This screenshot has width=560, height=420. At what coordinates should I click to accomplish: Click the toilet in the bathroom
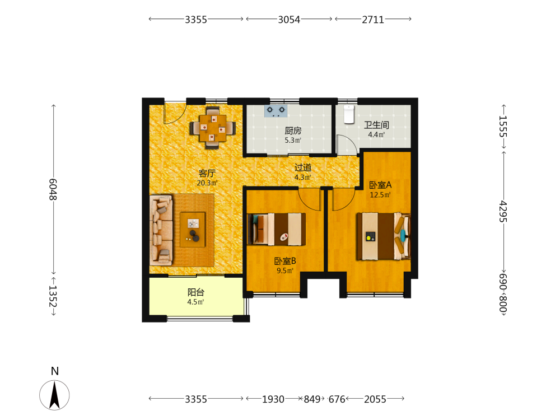349,114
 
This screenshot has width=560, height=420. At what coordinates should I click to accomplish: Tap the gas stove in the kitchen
276,111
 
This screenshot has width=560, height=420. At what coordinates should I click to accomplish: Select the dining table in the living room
212,128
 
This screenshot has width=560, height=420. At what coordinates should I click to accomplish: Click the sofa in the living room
161,230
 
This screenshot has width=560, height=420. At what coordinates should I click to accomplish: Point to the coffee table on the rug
193,229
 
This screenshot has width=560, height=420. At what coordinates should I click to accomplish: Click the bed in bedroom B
277,229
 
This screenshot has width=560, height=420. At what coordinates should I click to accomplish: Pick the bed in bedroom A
383,236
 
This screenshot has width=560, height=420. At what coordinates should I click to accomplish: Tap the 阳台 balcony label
195,292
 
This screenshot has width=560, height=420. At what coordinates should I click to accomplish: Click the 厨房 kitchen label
293,130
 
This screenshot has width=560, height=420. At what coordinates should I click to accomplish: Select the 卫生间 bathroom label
376,125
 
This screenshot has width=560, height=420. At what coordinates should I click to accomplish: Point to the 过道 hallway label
303,167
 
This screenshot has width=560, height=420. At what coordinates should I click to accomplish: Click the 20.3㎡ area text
207,183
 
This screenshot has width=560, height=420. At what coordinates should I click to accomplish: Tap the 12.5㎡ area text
380,195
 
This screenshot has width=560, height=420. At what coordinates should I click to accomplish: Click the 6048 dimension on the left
53,189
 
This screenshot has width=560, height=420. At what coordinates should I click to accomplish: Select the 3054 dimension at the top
289,20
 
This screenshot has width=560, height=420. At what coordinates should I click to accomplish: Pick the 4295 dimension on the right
503,212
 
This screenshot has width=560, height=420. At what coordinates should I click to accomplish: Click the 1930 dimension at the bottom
273,399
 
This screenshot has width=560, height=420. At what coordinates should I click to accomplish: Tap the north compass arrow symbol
54,395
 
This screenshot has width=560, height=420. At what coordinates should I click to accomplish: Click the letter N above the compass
55,371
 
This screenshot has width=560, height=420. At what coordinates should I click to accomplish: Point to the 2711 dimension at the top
373,20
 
